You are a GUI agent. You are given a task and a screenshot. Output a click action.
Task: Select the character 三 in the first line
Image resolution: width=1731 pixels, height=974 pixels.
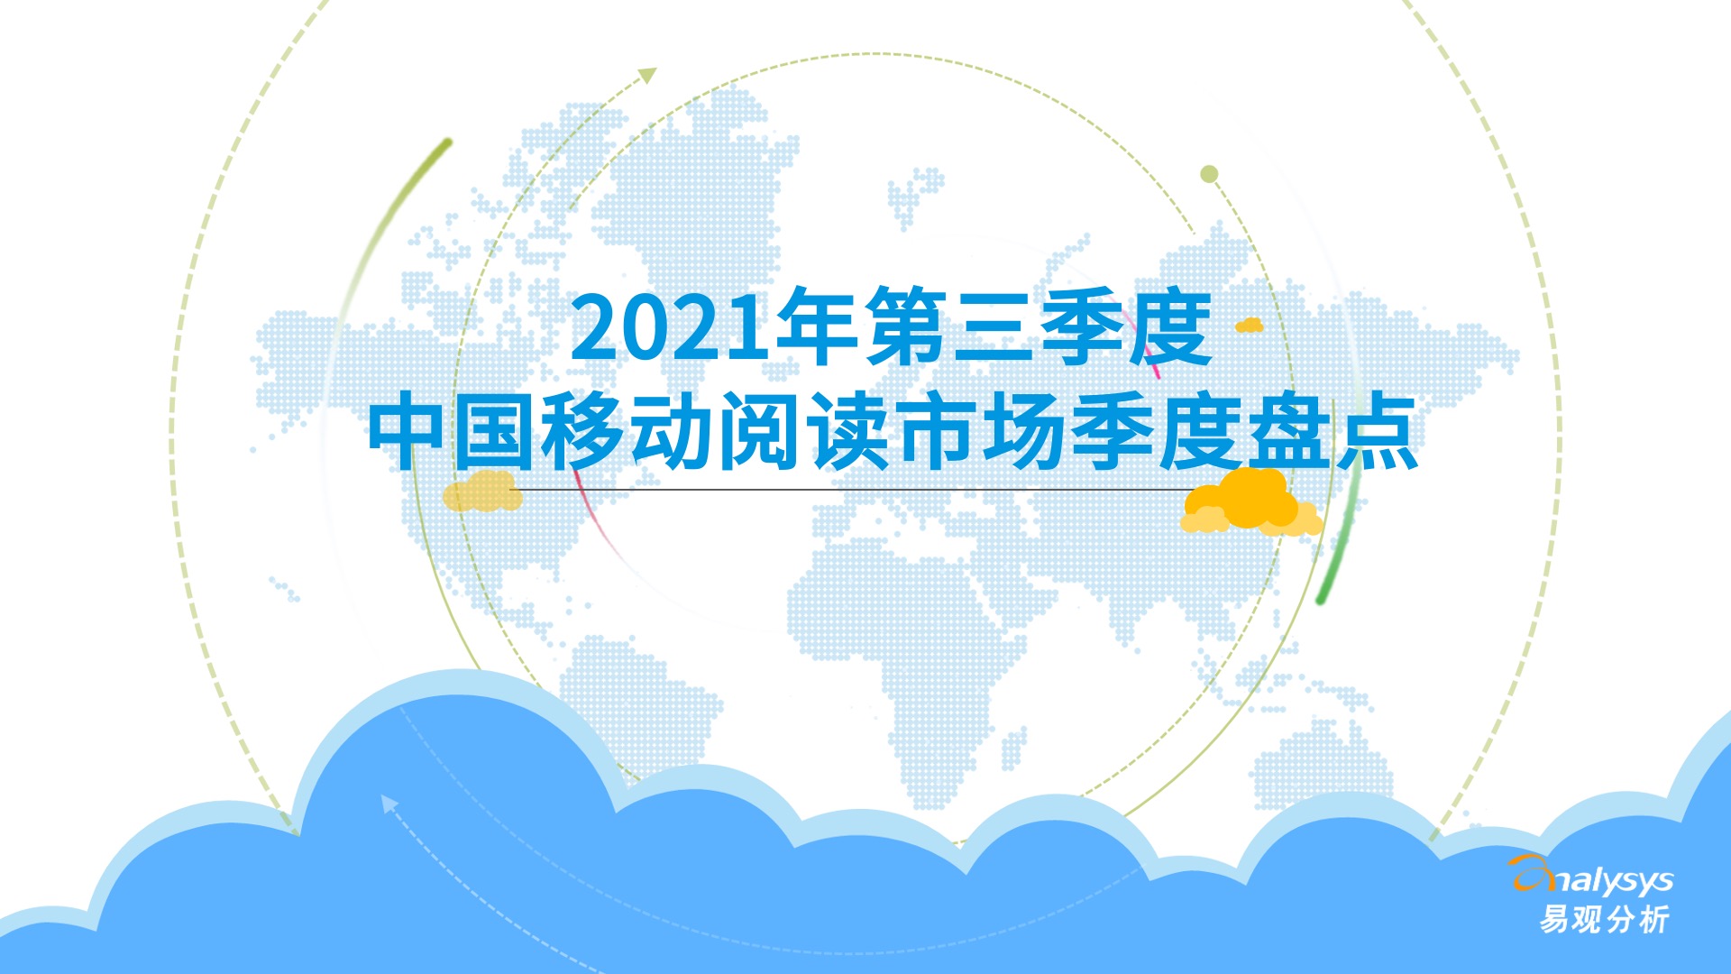[x=992, y=326]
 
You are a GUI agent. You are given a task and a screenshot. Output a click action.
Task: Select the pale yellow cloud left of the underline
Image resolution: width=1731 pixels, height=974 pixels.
[x=482, y=492]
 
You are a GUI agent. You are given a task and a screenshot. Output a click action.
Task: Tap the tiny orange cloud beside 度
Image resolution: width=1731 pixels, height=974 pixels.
[x=1249, y=325]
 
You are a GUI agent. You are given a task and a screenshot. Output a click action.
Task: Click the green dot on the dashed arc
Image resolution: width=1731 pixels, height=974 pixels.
[x=1209, y=174]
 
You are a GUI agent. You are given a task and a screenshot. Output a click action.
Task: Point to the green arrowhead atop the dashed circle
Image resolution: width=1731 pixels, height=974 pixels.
[x=647, y=76]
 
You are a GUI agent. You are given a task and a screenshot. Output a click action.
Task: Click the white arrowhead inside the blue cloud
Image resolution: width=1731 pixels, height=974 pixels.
[x=389, y=803]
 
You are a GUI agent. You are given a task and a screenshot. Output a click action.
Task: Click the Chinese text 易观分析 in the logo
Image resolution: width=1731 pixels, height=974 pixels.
[x=1604, y=920]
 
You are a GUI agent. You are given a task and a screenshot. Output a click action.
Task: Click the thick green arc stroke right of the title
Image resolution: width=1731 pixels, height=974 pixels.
[x=1339, y=541]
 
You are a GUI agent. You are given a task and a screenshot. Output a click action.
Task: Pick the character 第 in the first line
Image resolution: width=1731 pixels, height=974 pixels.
[x=904, y=326]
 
